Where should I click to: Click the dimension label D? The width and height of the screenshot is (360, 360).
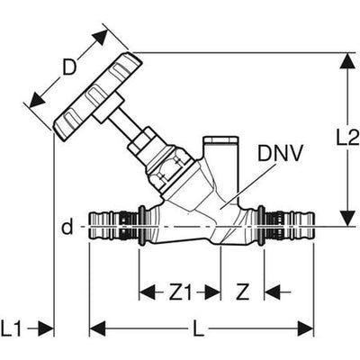tap(69, 67)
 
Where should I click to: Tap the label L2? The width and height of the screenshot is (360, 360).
tap(347, 139)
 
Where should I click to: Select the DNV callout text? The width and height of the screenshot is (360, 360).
tap(280, 154)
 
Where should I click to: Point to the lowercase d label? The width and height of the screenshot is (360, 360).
tap(67, 227)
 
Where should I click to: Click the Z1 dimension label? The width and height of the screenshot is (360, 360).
tap(180, 292)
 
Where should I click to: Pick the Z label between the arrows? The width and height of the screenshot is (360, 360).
tap(242, 292)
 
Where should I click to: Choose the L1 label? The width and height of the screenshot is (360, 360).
tap(11, 328)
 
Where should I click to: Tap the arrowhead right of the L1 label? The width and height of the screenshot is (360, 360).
tap(46, 328)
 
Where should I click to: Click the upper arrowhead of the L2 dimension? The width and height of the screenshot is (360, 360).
tap(347, 61)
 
